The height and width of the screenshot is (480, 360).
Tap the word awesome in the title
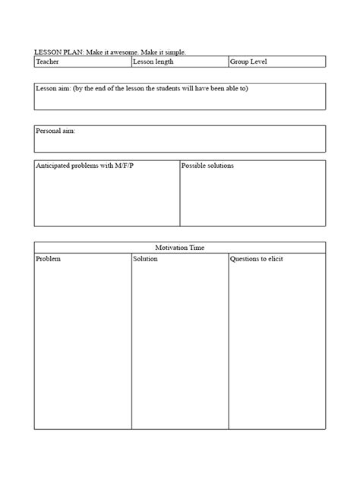133,52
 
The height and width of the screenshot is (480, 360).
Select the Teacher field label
47,62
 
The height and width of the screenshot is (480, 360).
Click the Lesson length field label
154,62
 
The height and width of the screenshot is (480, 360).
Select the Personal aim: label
55,131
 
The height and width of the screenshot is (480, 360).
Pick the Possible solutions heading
207,166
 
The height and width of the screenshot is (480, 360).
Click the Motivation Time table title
180,248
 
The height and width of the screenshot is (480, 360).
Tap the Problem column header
49,260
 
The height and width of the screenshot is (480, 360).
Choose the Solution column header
145,260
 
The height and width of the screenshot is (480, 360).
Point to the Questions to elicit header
257,260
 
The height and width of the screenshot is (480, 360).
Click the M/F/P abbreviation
114,166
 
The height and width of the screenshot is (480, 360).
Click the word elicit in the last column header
274,260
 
